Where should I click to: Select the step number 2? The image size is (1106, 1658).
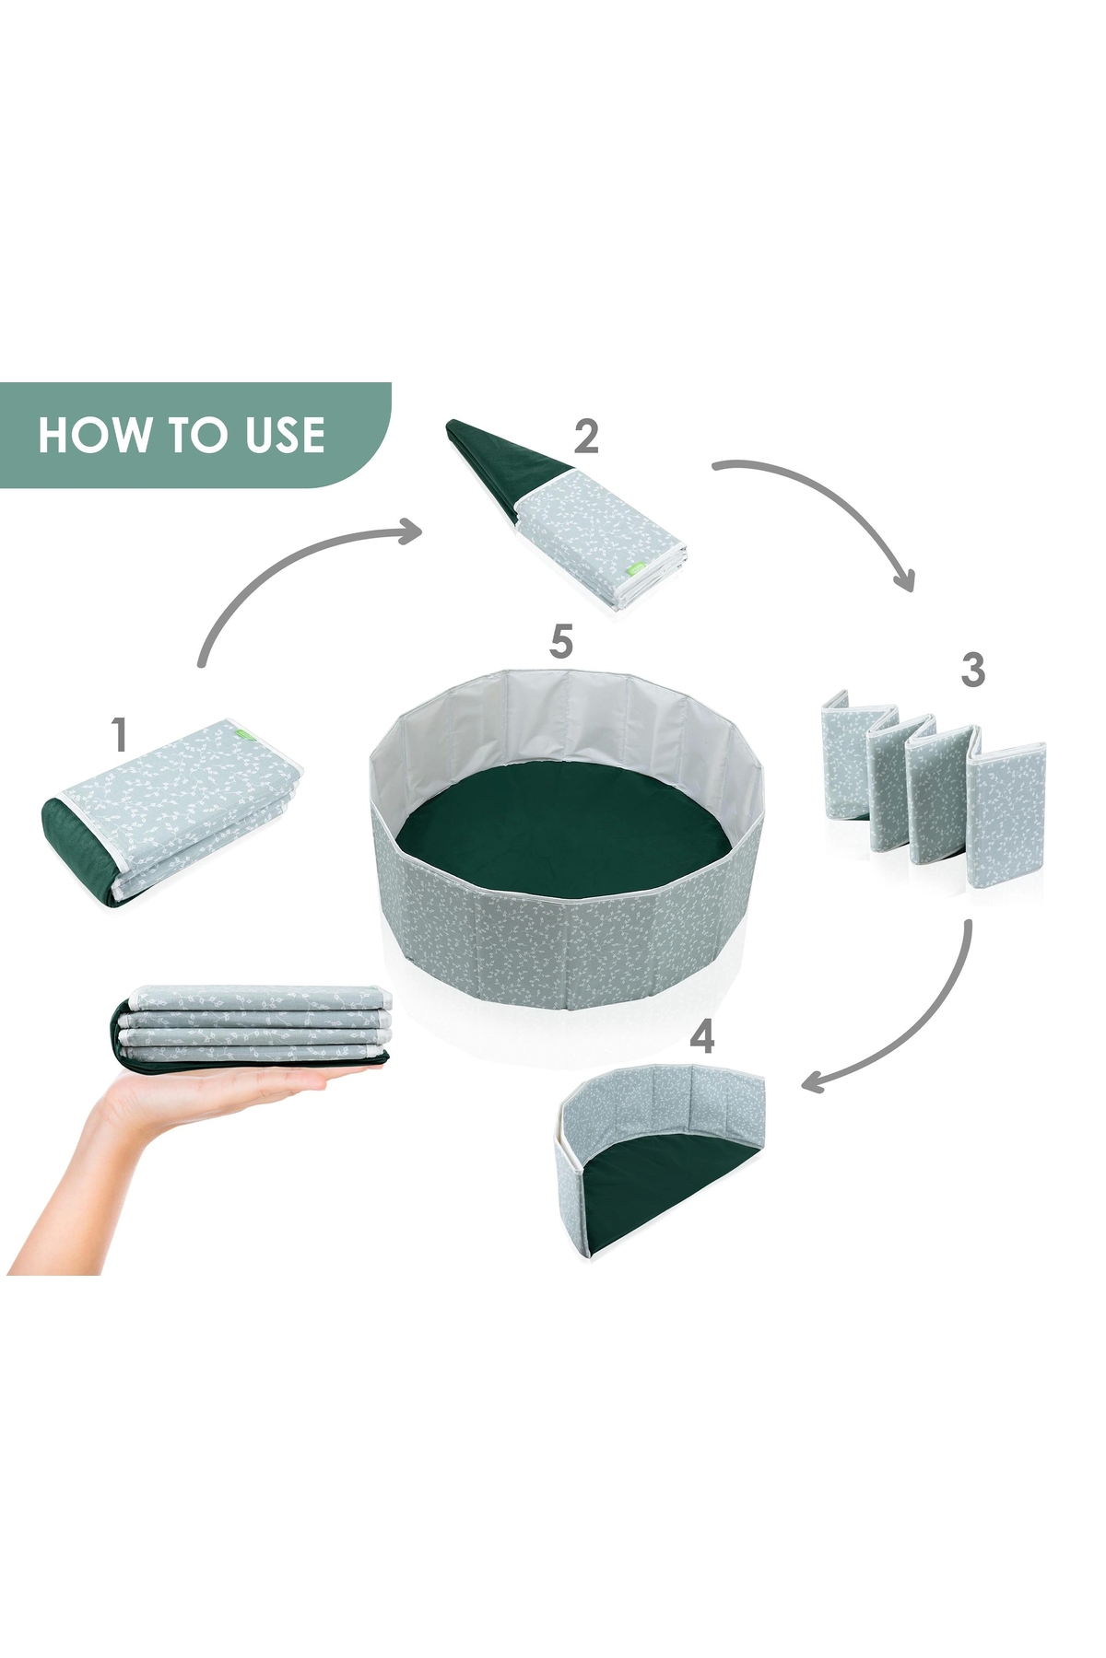point(585,436)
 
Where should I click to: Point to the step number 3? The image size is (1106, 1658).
point(972,670)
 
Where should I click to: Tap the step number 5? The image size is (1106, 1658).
point(561,641)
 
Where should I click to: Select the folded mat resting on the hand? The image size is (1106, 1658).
point(251,1027)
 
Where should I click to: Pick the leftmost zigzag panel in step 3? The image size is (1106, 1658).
point(845,753)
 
